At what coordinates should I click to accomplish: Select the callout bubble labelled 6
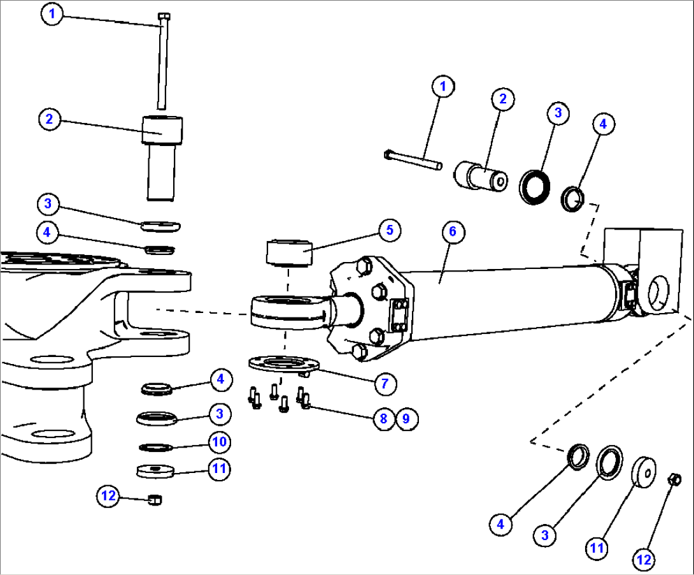tap(453, 231)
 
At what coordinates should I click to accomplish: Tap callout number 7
tap(385, 383)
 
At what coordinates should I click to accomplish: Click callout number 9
tap(406, 418)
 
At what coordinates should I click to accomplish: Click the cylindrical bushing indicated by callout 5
tap(288, 251)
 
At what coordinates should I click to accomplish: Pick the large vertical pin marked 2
tap(162, 156)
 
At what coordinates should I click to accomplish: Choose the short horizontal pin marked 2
tap(481, 175)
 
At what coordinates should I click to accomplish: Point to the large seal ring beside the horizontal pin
tap(534, 186)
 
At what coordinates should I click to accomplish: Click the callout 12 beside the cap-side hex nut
tap(644, 559)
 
